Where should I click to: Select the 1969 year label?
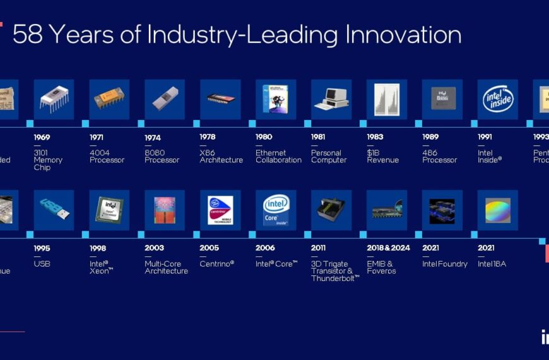pyautogui.click(x=42, y=137)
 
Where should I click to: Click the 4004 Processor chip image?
pyautogui.click(x=109, y=99)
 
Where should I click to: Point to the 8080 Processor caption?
pyautogui.click(x=162, y=156)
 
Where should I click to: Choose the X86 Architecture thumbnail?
pyautogui.click(x=220, y=99)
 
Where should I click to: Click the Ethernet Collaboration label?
pyautogui.click(x=278, y=156)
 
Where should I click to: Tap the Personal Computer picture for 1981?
pyautogui.click(x=331, y=99)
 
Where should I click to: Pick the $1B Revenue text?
pyautogui.click(x=383, y=156)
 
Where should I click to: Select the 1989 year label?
pyautogui.click(x=431, y=137)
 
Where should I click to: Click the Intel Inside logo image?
pyautogui.click(x=498, y=99)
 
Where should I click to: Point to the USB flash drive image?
pyautogui.click(x=54, y=210)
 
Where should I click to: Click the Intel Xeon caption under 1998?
pyautogui.click(x=101, y=267)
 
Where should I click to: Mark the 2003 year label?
pyautogui.click(x=154, y=248)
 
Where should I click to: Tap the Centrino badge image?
pyautogui.click(x=220, y=210)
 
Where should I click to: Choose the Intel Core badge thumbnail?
pyautogui.click(x=276, y=210)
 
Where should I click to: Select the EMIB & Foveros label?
pyautogui.click(x=381, y=267)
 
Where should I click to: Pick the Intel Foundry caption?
pyautogui.click(x=445, y=263)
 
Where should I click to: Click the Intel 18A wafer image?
pyautogui.click(x=498, y=210)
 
